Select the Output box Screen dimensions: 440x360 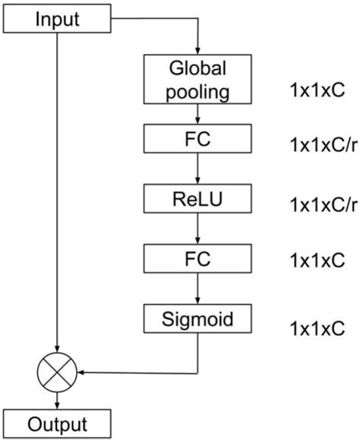pos(58,423)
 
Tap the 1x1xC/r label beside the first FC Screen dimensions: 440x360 pos(322,144)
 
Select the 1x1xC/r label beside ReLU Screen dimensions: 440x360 pos(322,204)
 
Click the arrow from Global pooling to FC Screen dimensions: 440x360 pos(198,114)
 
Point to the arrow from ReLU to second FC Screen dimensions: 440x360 pos(198,229)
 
